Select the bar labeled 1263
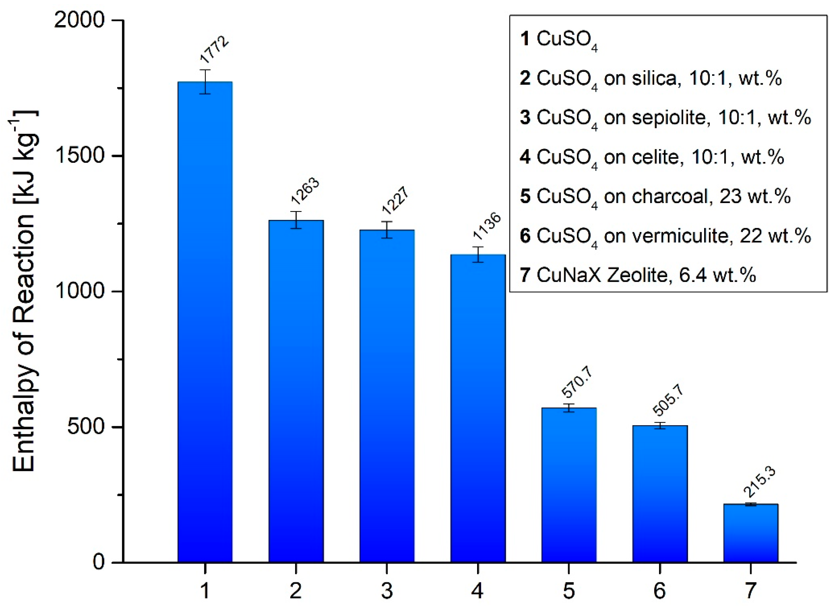pos(296,391)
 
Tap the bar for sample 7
pos(750,533)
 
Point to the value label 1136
pos(487,225)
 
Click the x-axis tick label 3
pos(387,591)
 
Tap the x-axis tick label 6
pos(660,591)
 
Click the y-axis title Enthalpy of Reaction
pos(24,292)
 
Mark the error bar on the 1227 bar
pos(387,230)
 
